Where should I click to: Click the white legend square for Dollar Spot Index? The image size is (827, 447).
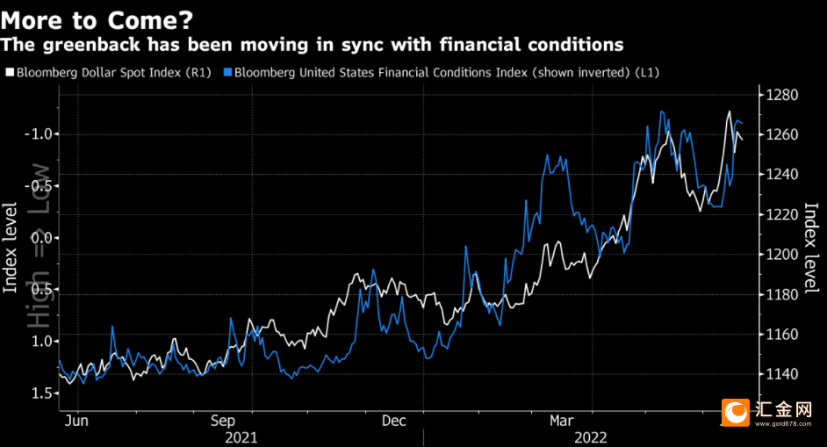(x=10, y=72)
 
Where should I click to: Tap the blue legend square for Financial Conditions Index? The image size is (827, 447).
(x=228, y=72)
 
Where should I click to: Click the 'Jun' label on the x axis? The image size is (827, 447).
(x=78, y=421)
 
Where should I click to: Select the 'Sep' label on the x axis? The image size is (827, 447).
(x=225, y=421)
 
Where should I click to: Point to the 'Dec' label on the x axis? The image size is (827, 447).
(x=393, y=421)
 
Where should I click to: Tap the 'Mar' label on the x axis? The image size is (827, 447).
(x=563, y=421)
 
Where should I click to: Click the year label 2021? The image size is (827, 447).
(x=241, y=436)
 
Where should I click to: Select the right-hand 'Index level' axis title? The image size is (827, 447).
(x=813, y=250)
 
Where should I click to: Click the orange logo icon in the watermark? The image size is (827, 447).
(x=735, y=410)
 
